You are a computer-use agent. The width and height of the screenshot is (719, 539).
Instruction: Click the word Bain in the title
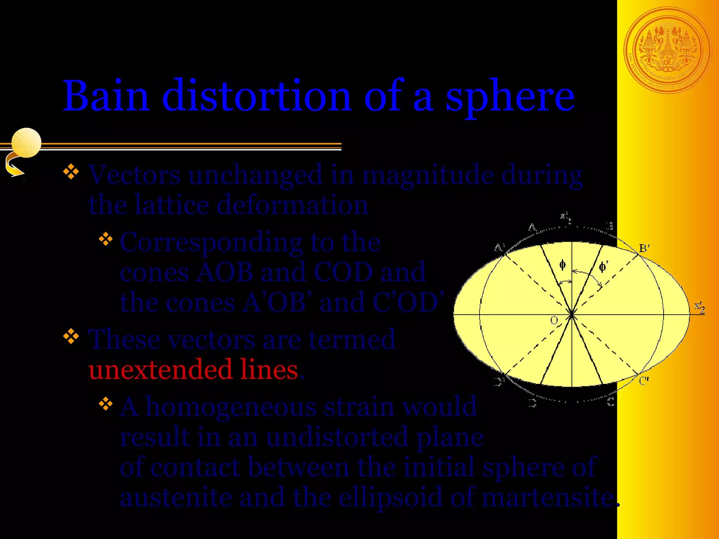pyautogui.click(x=105, y=96)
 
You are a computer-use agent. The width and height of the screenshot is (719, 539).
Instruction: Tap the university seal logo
pyautogui.click(x=667, y=50)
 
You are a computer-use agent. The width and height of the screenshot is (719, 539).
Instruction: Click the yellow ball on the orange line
pyautogui.click(x=26, y=142)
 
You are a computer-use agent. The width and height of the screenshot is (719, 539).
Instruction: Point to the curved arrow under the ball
pyautogui.click(x=13, y=167)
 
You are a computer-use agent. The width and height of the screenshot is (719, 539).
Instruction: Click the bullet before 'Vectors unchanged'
pyautogui.click(x=71, y=172)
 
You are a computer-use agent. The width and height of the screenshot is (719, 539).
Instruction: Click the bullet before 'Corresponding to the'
pyautogui.click(x=106, y=239)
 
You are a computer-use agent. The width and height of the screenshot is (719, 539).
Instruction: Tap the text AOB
pyautogui.click(x=224, y=272)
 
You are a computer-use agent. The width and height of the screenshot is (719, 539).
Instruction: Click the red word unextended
pyautogui.click(x=160, y=370)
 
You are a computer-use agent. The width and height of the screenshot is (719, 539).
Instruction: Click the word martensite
pyautogui.click(x=549, y=497)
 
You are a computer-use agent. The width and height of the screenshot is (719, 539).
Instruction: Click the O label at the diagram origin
pyautogui.click(x=554, y=320)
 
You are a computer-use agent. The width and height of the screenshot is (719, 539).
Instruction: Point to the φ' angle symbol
pyautogui.click(x=602, y=267)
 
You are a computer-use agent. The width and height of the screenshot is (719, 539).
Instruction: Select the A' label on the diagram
pyautogui.click(x=499, y=248)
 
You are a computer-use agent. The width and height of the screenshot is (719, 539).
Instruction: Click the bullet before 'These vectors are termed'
pyautogui.click(x=71, y=336)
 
